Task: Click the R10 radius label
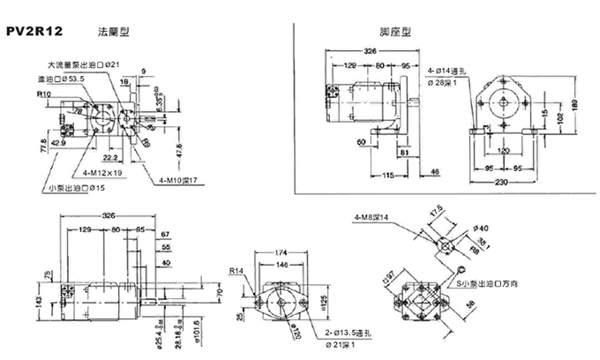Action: (43, 93)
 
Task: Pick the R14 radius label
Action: (236, 271)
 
